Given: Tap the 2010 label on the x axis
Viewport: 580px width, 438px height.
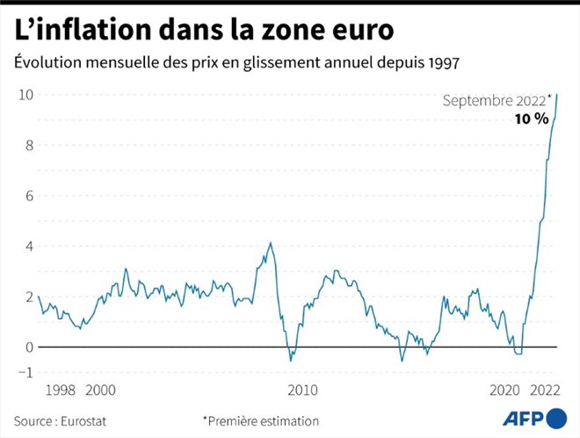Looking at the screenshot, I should point(302,391).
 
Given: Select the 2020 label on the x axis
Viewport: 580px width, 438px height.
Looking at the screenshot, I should point(504,391).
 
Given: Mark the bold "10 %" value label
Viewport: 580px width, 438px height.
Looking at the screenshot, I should point(532,118).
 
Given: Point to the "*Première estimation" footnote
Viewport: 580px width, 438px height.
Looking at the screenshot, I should point(261,420).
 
